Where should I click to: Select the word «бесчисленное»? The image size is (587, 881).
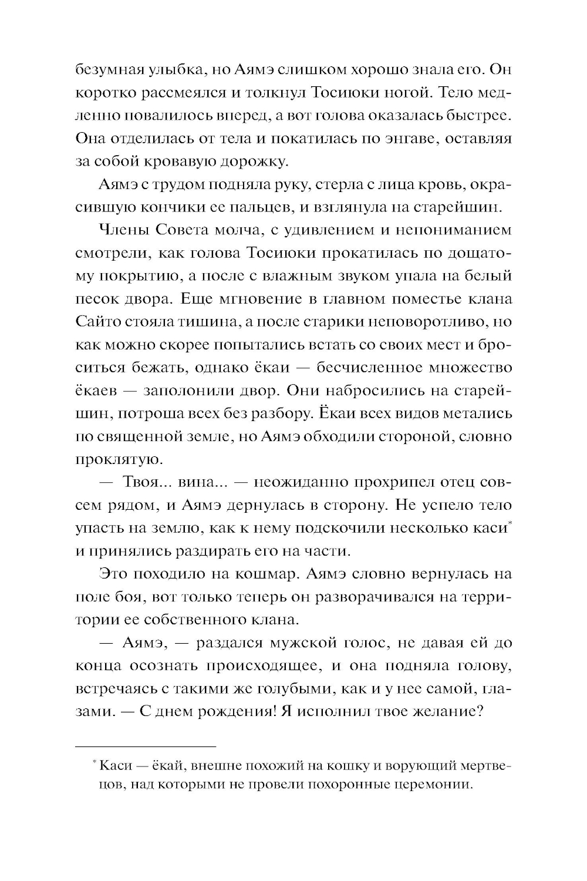pyautogui.click(x=373, y=368)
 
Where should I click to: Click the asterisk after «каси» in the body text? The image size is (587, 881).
pyautogui.click(x=509, y=523)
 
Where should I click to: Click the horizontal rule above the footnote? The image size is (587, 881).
pyautogui.click(x=146, y=745)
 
